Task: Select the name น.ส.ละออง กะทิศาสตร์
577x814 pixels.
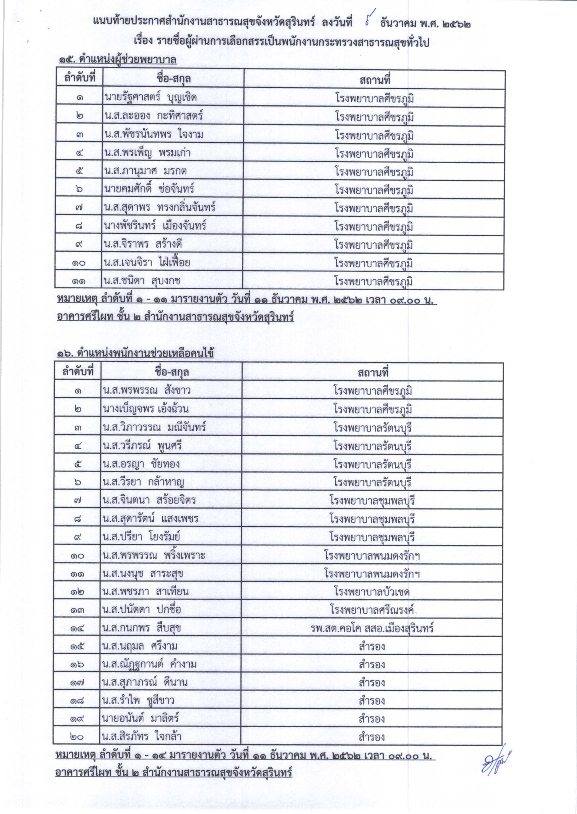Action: coord(154,116)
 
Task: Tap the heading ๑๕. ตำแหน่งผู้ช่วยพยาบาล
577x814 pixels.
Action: coord(117,60)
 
